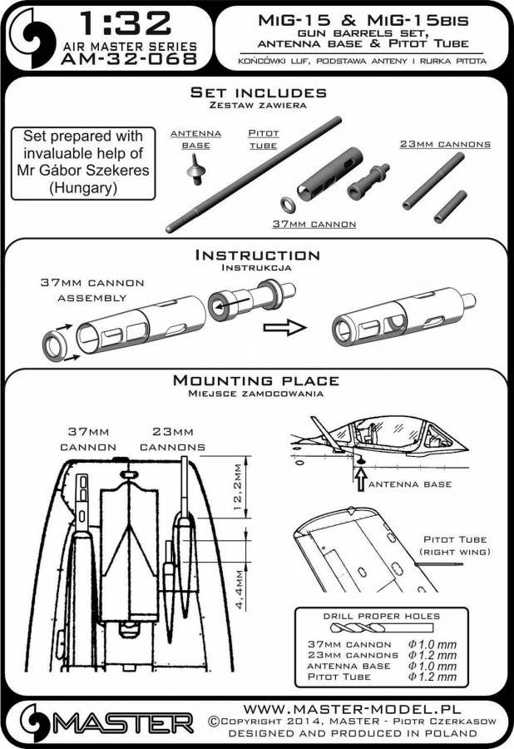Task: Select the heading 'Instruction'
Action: pos(256,255)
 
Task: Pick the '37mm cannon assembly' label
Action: pos(93,290)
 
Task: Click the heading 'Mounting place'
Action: pos(256,380)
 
